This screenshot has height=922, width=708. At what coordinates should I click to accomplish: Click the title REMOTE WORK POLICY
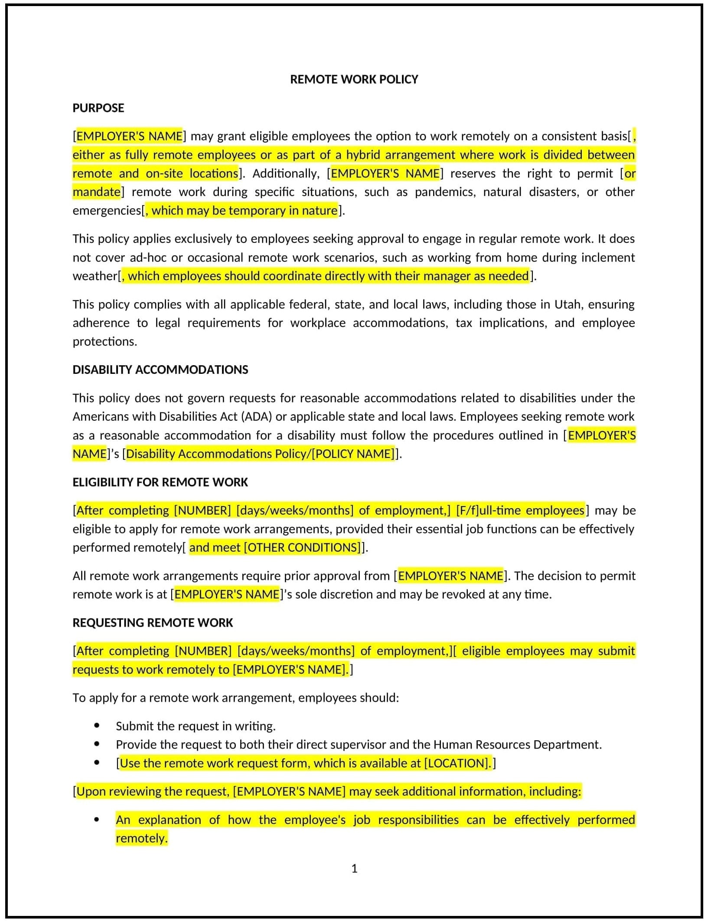354,79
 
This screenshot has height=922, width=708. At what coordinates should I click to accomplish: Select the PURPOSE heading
98,108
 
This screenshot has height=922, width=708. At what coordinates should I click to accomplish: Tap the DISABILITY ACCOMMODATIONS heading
160,369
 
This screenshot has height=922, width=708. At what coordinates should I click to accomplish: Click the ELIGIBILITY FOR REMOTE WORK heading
160,482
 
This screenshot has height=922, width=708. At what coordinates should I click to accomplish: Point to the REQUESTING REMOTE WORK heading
153,623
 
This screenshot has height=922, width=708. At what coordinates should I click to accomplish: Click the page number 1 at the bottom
354,868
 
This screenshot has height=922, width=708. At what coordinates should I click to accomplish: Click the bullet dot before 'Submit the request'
97,726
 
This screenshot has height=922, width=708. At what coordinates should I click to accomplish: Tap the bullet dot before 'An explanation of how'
97,820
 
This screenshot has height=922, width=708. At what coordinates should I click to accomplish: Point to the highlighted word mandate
96,192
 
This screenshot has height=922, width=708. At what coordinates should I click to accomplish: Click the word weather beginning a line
95,276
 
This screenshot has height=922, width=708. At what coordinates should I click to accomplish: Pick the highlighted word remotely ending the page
141,838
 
